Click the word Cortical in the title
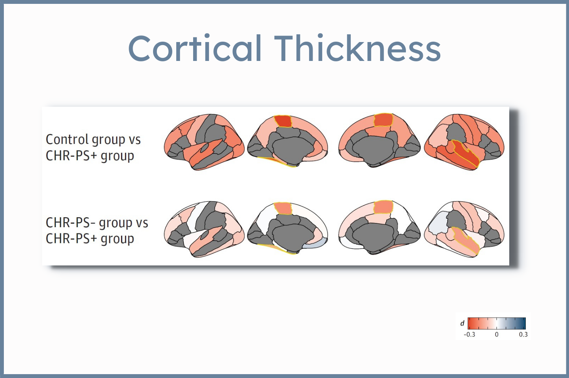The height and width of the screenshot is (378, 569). [195, 48]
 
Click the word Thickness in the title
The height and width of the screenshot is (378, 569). [357, 48]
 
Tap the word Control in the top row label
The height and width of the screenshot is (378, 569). [67, 139]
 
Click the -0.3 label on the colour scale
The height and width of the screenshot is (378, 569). [469, 334]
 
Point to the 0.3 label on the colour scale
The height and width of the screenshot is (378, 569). [523, 334]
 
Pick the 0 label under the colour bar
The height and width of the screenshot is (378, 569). [497, 334]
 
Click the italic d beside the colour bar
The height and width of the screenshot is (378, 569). [462, 323]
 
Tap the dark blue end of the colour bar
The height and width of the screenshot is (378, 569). [523, 323]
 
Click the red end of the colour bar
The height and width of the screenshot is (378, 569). [471, 323]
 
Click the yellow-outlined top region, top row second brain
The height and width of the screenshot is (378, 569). [283, 121]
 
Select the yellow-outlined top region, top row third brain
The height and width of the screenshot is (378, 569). [383, 120]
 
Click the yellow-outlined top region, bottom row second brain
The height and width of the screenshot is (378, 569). [283, 208]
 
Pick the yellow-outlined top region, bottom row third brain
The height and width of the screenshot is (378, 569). [383, 207]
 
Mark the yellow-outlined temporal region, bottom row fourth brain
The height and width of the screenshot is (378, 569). [465, 240]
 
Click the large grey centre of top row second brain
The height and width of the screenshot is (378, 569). [292, 150]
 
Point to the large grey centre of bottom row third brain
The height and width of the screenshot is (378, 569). [374, 237]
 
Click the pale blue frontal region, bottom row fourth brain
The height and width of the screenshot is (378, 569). [438, 223]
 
